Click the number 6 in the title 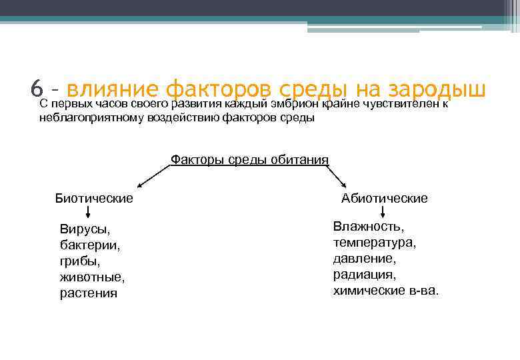[x=37, y=88]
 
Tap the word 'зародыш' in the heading [x=437, y=88]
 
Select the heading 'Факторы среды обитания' [x=249, y=159]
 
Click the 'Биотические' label [x=94, y=198]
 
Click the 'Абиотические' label [x=385, y=198]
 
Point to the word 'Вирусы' [x=85, y=229]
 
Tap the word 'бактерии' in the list [x=90, y=245]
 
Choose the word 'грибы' [x=79, y=261]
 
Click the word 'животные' [x=92, y=277]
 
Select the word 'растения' [x=88, y=293]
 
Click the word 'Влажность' [x=369, y=227]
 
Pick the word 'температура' [x=375, y=243]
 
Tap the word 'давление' [x=365, y=259]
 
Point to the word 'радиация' [x=365, y=275]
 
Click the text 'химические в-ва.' [x=386, y=291]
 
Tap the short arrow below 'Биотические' [x=89, y=212]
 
